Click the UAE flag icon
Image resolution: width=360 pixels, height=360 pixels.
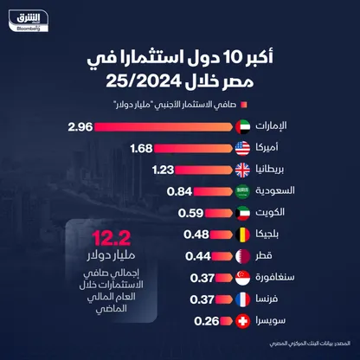[x=245, y=126]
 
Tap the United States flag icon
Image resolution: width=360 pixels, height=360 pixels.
[x=245, y=148]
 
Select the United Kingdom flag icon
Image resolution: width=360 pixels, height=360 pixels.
[x=245, y=170]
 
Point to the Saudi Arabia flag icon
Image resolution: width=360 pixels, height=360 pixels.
[x=245, y=191]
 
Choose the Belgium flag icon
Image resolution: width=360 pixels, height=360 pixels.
[x=245, y=235]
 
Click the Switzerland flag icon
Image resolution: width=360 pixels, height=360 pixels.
[x=245, y=321]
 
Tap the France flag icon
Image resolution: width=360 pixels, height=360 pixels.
[x=245, y=299]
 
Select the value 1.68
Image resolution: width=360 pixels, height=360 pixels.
[x=142, y=148]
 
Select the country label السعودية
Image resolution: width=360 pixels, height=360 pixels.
[x=290, y=191]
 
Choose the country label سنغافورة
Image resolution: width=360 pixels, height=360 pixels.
[x=288, y=278]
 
